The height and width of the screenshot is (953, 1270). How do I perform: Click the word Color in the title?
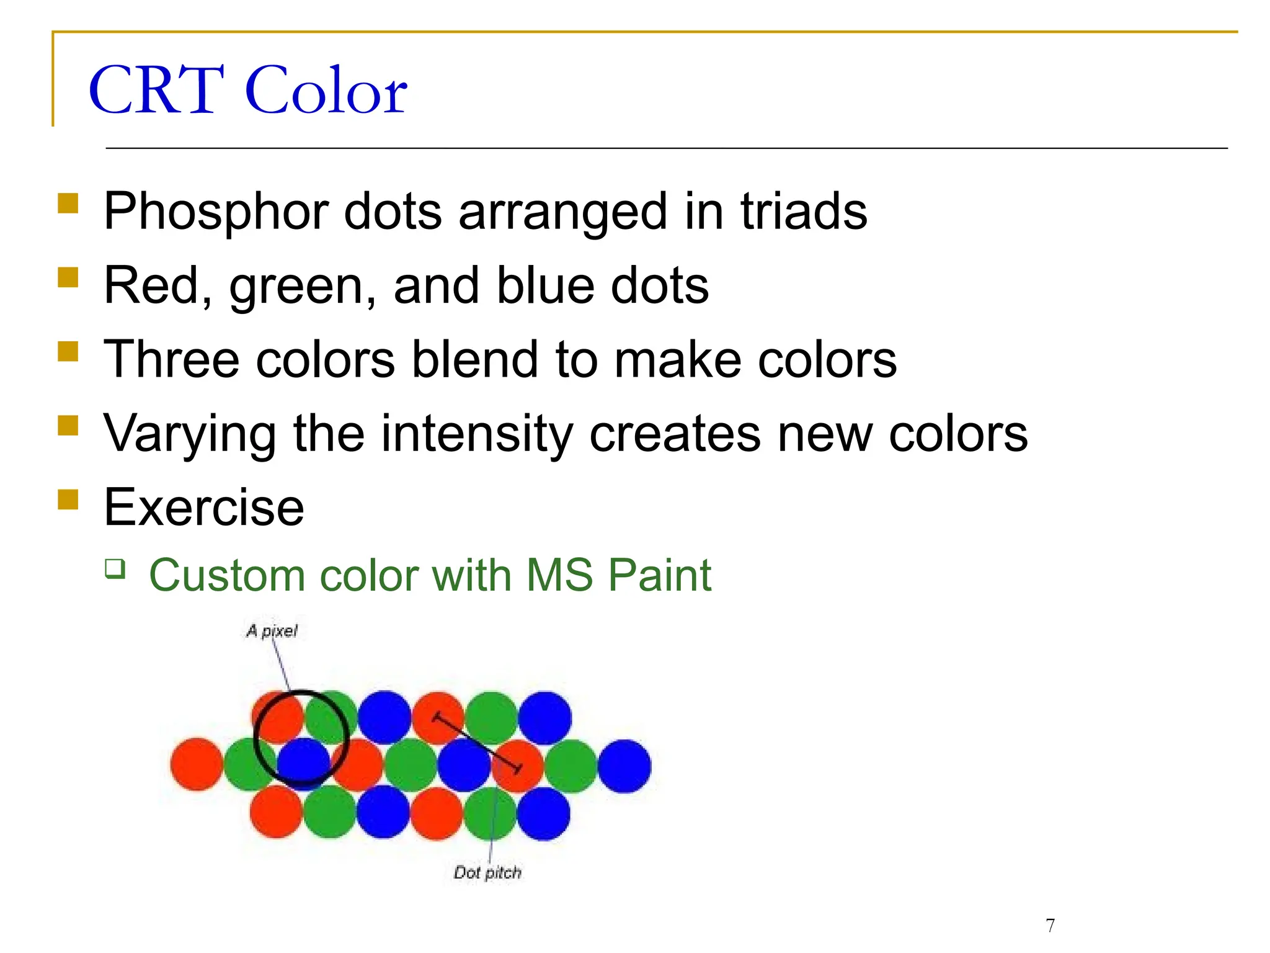tap(326, 91)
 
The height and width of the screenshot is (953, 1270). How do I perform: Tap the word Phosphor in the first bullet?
tap(216, 212)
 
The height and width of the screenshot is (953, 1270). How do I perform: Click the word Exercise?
tap(204, 508)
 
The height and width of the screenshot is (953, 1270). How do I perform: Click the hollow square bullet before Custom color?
tap(115, 568)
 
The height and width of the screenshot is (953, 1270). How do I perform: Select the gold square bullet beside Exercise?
tap(68, 499)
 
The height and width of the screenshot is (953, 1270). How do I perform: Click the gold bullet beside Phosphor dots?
tap(68, 203)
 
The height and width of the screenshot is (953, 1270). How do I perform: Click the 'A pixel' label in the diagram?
tap(272, 631)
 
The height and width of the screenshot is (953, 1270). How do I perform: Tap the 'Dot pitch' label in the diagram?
tap(487, 872)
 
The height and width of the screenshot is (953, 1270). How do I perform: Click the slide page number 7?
tap(1050, 925)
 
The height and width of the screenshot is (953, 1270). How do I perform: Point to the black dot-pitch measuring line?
tap(477, 743)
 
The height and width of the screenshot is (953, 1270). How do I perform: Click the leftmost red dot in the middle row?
tap(197, 764)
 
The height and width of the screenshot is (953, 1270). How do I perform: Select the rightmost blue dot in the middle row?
tap(624, 766)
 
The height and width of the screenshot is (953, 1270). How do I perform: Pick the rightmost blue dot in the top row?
tap(544, 718)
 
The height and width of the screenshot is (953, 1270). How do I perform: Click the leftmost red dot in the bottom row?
tap(276, 812)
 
